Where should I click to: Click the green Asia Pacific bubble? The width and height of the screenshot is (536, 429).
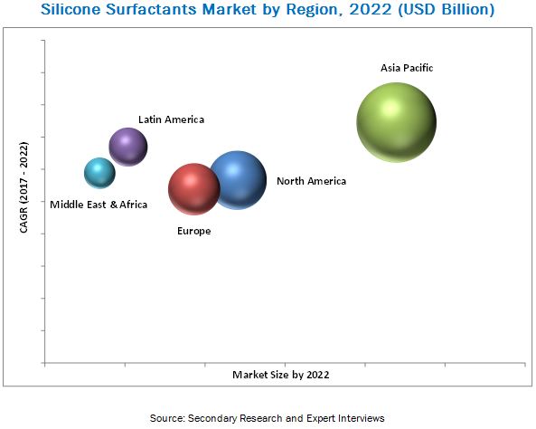[397, 122]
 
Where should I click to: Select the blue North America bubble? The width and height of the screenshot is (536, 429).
[240, 180]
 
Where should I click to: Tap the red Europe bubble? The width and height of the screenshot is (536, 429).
[194, 189]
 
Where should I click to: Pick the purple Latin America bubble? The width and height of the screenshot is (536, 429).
[128, 147]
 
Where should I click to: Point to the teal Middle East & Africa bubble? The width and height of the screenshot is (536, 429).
[99, 173]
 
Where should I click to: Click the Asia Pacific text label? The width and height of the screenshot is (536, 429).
[407, 68]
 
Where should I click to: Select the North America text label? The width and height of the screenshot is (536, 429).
[312, 181]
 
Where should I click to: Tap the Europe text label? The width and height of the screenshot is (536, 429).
[193, 231]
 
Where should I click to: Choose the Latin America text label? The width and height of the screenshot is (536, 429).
[171, 119]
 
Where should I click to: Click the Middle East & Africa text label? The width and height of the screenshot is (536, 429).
[99, 205]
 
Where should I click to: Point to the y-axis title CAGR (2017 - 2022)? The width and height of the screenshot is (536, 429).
[24, 187]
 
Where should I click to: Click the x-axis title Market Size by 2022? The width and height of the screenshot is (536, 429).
[280, 375]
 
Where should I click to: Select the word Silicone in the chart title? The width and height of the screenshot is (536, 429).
[71, 9]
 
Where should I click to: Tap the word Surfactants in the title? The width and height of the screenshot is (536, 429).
[152, 9]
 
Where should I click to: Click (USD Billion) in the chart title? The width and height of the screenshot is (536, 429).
[447, 10]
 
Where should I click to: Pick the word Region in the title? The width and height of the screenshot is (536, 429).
[315, 10]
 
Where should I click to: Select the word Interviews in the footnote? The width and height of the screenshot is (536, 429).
[362, 418]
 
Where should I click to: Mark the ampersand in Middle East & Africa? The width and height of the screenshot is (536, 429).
[114, 205]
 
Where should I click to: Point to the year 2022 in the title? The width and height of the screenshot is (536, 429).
[371, 9]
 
